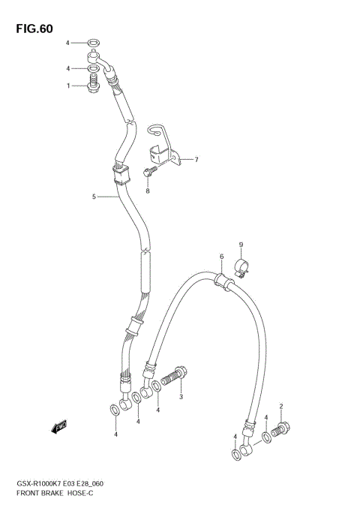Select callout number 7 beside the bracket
196,160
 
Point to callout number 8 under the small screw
148,191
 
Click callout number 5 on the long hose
94,197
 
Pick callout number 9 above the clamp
241,245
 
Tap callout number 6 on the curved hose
222,257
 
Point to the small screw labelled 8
148,173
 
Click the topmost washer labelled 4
92,42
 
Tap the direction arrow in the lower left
59,428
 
